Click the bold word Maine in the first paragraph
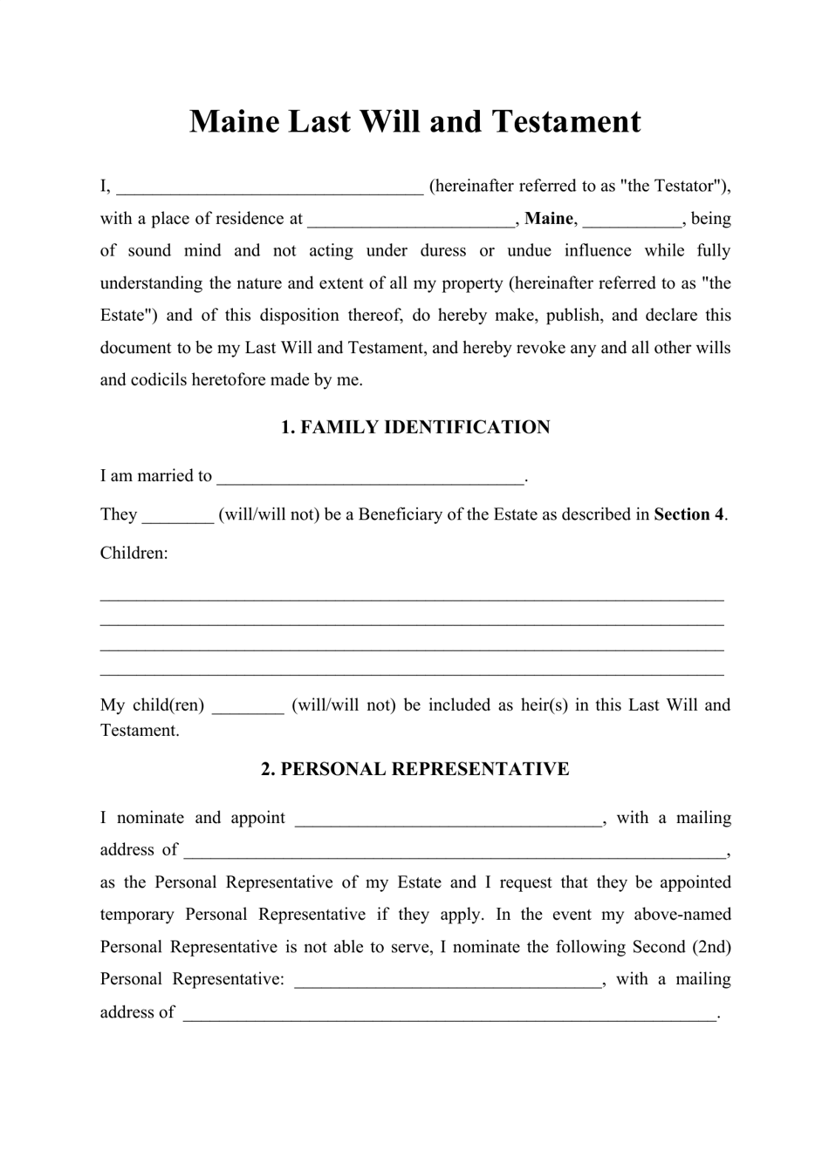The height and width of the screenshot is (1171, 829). click(x=549, y=218)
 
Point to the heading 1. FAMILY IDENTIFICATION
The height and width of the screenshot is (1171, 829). click(x=415, y=427)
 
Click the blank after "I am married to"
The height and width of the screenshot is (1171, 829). click(x=371, y=478)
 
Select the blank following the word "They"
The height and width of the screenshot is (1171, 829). click(x=178, y=516)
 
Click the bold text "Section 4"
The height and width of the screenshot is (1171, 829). click(x=689, y=514)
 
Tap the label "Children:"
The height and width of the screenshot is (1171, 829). click(x=134, y=553)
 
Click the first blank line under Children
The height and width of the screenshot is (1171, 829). click(x=412, y=599)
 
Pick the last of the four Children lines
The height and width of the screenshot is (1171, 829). click(x=412, y=674)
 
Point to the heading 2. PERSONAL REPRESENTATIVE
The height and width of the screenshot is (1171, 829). click(x=415, y=769)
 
